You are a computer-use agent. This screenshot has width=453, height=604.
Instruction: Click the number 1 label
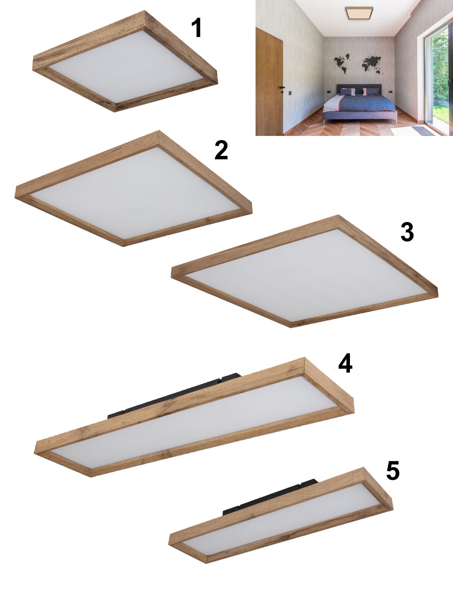pyautogui.click(x=197, y=28)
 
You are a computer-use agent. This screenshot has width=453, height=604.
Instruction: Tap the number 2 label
pyautogui.click(x=221, y=150)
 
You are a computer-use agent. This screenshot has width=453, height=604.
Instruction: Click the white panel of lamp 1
pyautogui.click(x=126, y=68)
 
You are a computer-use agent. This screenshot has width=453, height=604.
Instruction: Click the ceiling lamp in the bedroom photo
pyautogui.click(x=359, y=13)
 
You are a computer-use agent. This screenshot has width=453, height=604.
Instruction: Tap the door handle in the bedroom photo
pyautogui.click(x=281, y=88)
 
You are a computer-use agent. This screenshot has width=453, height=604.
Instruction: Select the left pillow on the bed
pyautogui.click(x=347, y=92)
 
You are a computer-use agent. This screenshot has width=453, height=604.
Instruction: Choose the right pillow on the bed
pyautogui.click(x=371, y=91)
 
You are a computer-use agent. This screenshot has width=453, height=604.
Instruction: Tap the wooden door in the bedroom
pyautogui.click(x=269, y=81)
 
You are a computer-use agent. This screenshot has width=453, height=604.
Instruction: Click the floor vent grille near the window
pyautogui.click(x=423, y=131)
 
